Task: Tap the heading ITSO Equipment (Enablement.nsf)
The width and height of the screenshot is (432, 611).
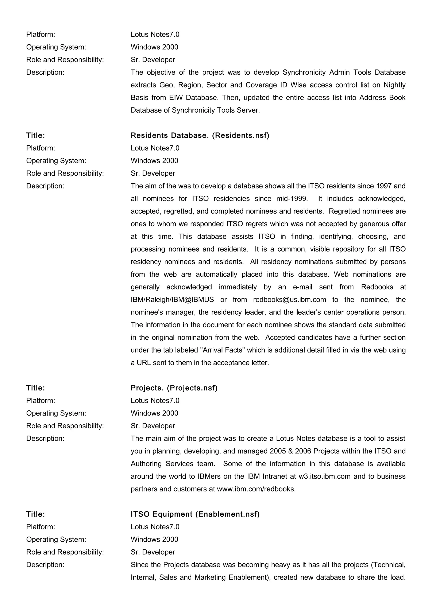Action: [x=195, y=514]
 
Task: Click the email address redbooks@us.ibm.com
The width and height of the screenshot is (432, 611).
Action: [x=289, y=300]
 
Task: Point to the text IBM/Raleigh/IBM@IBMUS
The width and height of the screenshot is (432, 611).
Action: [x=172, y=300]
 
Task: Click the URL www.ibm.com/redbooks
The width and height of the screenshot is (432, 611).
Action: [x=256, y=489]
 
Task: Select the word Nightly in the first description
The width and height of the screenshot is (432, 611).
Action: [x=394, y=85]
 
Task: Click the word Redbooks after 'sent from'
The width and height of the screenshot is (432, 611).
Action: [x=377, y=287]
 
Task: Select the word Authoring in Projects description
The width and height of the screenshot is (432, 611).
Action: [x=146, y=464]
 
